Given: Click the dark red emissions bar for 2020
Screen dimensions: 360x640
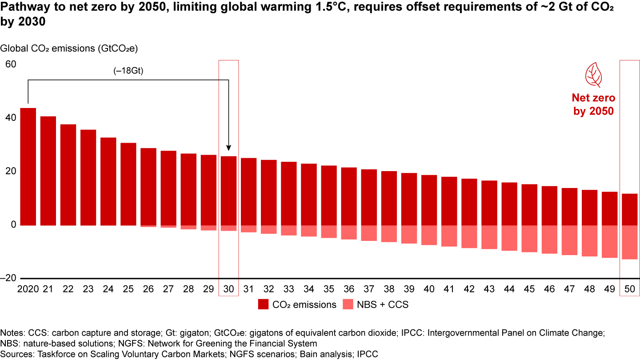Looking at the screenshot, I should tap(28, 167).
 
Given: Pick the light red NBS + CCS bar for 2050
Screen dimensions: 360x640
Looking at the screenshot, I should tap(629, 242).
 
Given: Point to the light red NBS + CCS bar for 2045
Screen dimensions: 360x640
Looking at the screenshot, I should tap(529, 239).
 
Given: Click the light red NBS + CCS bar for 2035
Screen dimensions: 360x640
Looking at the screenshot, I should tap(329, 232).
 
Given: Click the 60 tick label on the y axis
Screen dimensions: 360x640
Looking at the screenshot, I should tap(11, 64).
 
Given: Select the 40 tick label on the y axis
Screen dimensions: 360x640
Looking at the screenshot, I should tap(11, 118).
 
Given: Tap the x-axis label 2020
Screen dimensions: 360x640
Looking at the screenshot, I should tap(28, 289).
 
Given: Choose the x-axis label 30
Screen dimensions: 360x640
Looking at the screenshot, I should tap(228, 289).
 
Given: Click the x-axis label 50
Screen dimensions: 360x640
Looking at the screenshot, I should tap(629, 289).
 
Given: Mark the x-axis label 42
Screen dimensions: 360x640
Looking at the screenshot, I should tap(469, 289).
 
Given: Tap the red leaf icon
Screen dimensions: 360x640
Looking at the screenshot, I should tap(593, 75).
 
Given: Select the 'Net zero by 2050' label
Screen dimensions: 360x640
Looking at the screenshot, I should tap(593, 104).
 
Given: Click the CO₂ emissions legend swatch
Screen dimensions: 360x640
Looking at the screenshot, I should tap(264, 305).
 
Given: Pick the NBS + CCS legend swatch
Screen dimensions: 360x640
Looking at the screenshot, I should tap(349, 305).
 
